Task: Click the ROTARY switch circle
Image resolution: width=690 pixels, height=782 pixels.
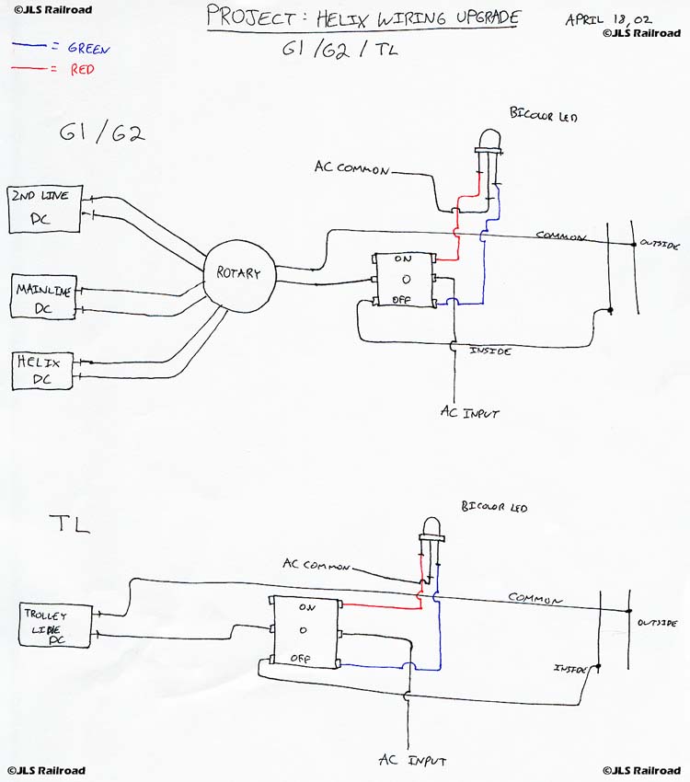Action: pyautogui.click(x=238, y=273)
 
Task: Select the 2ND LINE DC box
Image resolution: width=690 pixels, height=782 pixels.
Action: pyautogui.click(x=44, y=208)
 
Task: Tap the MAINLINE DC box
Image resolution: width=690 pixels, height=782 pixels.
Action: pyautogui.click(x=43, y=298)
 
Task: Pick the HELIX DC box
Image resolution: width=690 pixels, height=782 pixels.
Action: pyautogui.click(x=43, y=370)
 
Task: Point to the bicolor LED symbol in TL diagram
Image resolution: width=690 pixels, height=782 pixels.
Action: pyautogui.click(x=430, y=530)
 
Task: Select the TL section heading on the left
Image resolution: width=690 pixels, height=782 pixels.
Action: pyautogui.click(x=69, y=525)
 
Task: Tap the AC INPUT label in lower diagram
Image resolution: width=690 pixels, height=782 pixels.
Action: pyautogui.click(x=413, y=761)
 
